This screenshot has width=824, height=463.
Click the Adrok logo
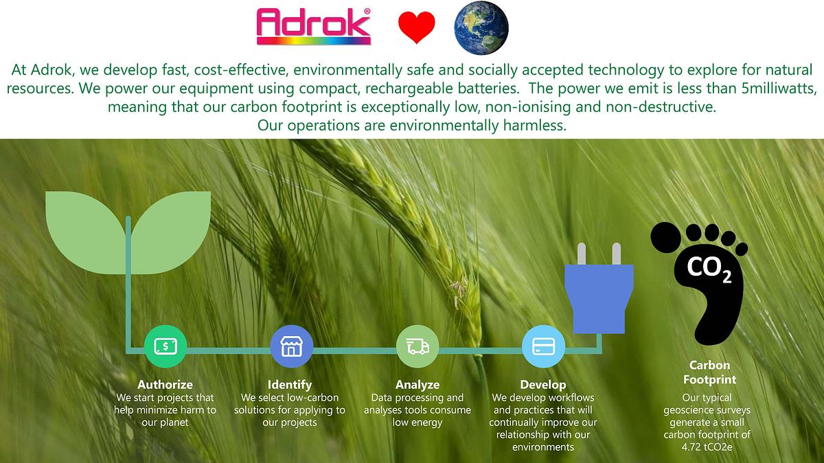(313, 27)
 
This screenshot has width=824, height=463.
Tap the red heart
(416, 27)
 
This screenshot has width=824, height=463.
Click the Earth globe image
(481, 28)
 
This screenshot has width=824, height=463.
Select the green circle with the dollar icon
(165, 346)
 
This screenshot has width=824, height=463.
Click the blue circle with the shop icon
(291, 346)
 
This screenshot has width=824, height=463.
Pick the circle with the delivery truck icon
(417, 346)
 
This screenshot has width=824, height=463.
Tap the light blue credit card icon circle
(543, 346)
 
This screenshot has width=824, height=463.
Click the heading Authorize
(165, 385)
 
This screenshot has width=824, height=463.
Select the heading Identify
(290, 385)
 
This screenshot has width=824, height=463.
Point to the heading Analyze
(417, 385)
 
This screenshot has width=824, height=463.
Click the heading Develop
(543, 385)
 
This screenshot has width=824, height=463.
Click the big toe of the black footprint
(666, 237)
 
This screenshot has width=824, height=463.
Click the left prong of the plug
(581, 254)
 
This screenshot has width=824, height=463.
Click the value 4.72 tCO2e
(707, 447)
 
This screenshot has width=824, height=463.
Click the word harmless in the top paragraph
(535, 126)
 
